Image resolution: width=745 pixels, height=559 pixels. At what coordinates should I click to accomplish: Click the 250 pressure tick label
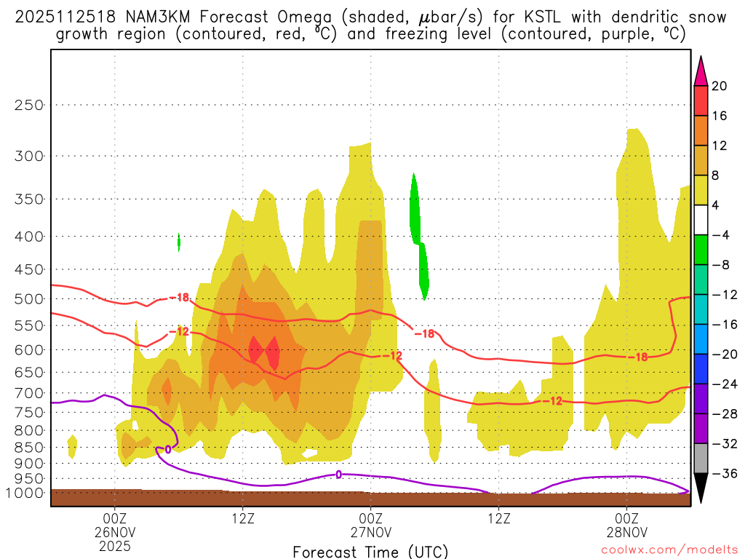29,105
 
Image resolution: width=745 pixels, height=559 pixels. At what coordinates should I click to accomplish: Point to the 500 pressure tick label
29,299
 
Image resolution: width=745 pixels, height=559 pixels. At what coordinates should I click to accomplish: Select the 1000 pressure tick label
27,493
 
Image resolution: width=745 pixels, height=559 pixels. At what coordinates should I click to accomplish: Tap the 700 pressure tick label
29,394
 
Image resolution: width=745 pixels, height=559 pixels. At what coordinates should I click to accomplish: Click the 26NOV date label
114,531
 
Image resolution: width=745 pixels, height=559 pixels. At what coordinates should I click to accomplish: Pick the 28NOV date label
626,531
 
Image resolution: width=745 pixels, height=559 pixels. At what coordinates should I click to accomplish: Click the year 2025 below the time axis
114,544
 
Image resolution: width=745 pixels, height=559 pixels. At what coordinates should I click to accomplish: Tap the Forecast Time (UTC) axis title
370,551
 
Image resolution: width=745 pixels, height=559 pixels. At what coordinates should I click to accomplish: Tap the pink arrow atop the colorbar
701,71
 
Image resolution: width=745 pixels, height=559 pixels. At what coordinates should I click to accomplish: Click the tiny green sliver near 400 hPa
179,242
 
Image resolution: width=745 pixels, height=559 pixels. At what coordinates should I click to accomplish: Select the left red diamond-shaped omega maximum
255,349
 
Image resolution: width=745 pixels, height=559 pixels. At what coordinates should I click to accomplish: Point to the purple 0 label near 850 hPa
168,450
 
